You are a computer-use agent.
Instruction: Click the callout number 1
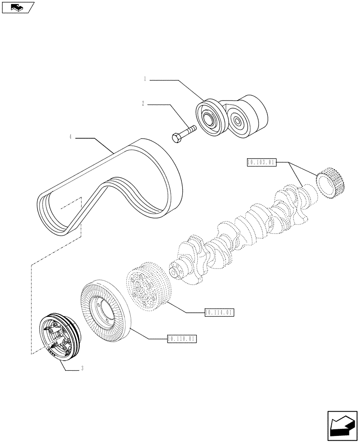pos(145,80)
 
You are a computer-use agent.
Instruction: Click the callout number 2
pos(143,105)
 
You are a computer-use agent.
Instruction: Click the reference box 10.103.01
pos(262,163)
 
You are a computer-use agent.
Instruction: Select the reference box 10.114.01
pos(219,313)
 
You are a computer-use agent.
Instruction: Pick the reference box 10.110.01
pos(182,339)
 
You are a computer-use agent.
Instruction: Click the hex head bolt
pos(184,132)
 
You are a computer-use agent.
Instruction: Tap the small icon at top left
pos(17,7)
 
